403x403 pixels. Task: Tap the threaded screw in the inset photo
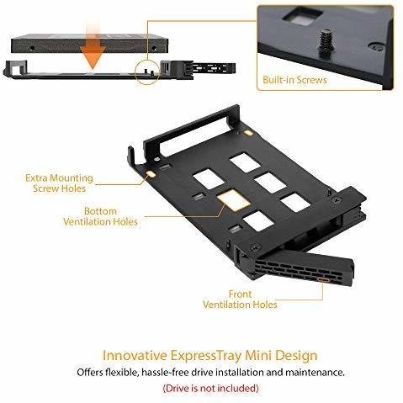(x=326, y=42)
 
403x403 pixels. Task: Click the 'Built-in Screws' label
(x=294, y=80)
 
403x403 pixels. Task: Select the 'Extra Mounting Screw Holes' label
(x=59, y=183)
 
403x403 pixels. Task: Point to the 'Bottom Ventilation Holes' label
(x=100, y=216)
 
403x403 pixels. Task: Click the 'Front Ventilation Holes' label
(x=240, y=300)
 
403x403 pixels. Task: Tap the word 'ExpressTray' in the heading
(x=206, y=356)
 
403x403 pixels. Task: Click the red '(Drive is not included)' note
(x=210, y=389)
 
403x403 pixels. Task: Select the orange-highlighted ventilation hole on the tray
(x=234, y=199)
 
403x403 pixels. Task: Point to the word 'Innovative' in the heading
(x=135, y=355)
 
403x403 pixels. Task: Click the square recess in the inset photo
(x=303, y=14)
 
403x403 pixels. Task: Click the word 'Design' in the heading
(x=296, y=356)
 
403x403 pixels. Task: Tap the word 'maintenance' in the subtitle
(x=315, y=373)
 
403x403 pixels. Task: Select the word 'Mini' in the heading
(x=258, y=355)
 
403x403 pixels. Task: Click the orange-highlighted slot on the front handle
(x=323, y=279)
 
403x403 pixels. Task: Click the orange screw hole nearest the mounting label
(x=151, y=174)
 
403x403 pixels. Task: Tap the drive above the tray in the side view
(x=90, y=44)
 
